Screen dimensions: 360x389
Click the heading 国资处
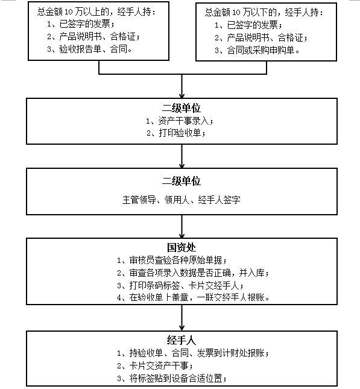point(182,247)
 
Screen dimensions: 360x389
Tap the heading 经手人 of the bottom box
point(182,340)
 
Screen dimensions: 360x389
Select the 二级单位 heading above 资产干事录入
point(182,108)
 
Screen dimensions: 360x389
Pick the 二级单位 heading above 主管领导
point(182,181)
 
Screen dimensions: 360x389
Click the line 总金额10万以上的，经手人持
point(96,11)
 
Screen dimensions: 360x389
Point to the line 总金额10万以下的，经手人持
point(264,12)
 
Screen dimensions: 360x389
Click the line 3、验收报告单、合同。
point(90,49)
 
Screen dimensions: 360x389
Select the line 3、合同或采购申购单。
point(257,51)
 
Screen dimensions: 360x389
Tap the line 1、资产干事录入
point(179,121)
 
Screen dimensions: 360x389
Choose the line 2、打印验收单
point(176,133)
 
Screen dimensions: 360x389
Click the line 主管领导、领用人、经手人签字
point(182,200)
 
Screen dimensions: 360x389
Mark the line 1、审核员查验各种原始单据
point(172,261)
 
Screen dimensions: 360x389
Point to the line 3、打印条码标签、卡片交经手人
point(180,285)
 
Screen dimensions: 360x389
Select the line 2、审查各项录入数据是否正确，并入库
point(193,273)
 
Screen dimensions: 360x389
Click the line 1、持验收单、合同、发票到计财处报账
point(193,353)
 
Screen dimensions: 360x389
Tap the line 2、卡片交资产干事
point(155,365)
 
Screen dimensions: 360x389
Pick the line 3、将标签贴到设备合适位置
point(172,379)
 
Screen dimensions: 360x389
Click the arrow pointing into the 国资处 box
point(182,227)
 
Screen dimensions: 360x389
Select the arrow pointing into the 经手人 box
point(182,318)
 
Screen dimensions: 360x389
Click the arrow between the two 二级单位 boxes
point(182,156)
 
